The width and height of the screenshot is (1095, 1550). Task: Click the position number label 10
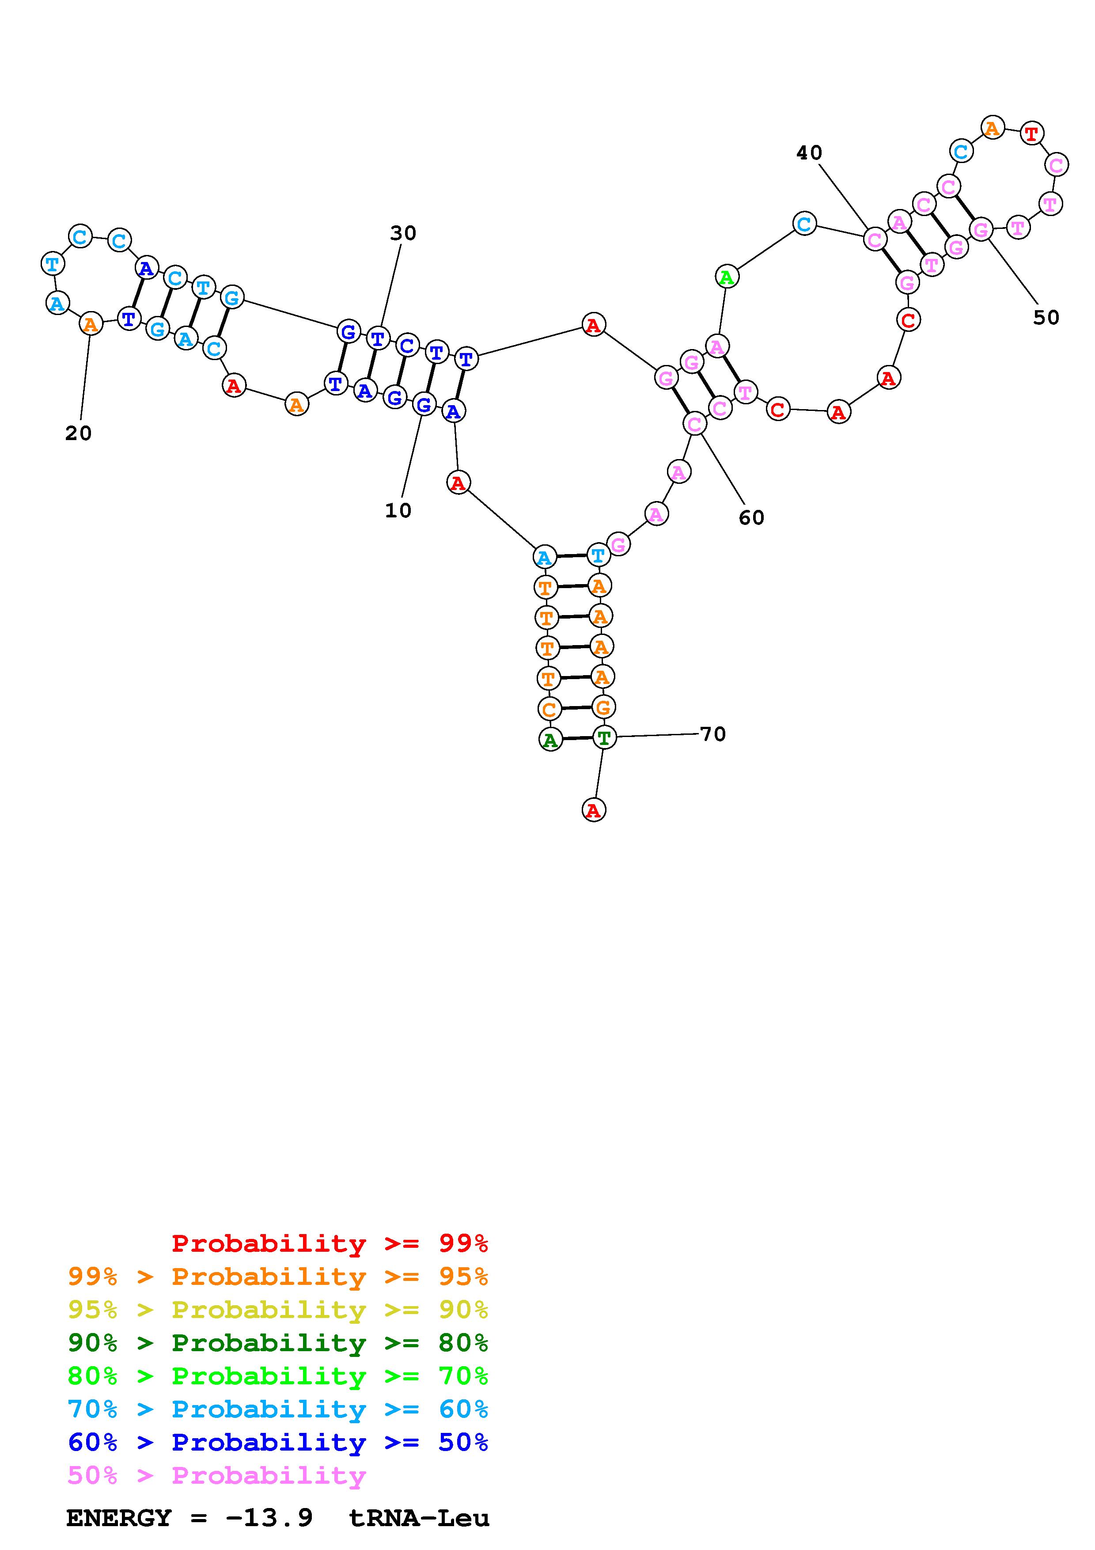(x=398, y=510)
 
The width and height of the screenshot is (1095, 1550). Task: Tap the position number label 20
(x=78, y=433)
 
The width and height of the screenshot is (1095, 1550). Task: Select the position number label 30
(x=403, y=233)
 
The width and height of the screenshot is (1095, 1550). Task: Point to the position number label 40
(x=809, y=153)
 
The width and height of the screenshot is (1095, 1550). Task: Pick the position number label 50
(x=1046, y=317)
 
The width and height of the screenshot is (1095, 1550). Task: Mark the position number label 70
(x=712, y=734)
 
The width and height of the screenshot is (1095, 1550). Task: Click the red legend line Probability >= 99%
(x=329, y=1243)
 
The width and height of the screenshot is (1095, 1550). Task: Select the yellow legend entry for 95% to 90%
(x=278, y=1310)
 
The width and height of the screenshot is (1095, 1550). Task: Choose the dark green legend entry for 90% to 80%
(x=278, y=1343)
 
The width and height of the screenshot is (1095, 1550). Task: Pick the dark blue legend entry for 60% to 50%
(x=278, y=1443)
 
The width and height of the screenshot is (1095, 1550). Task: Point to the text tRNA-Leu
(x=418, y=1518)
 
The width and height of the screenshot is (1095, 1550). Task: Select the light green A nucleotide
(x=726, y=277)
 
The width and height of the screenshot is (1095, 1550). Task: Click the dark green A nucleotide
(x=550, y=740)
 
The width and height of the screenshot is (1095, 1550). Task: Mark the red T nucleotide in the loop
(x=1031, y=134)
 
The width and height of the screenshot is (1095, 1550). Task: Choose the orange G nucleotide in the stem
(x=602, y=707)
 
